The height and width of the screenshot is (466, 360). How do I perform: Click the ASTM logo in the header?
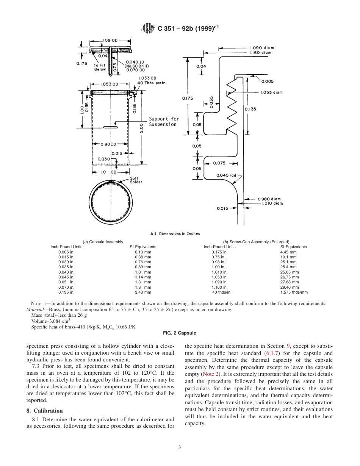coord(147,28)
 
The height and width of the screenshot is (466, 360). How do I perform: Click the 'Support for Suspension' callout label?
coord(163,122)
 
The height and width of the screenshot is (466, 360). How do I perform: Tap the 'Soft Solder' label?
coord(136,181)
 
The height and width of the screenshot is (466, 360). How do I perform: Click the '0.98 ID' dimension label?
coord(108,144)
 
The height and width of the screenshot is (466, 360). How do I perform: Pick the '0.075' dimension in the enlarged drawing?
coord(219,163)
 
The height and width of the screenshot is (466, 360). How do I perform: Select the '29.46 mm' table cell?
coord(289,288)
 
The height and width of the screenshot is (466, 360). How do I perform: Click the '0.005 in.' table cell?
coord(66,252)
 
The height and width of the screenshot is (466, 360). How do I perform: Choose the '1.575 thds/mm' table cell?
coord(294,292)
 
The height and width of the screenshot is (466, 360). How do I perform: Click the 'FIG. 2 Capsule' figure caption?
coord(180,333)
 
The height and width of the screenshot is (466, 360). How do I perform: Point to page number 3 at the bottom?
coord(180,447)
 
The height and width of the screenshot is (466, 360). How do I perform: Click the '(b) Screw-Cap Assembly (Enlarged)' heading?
coord(256,242)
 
